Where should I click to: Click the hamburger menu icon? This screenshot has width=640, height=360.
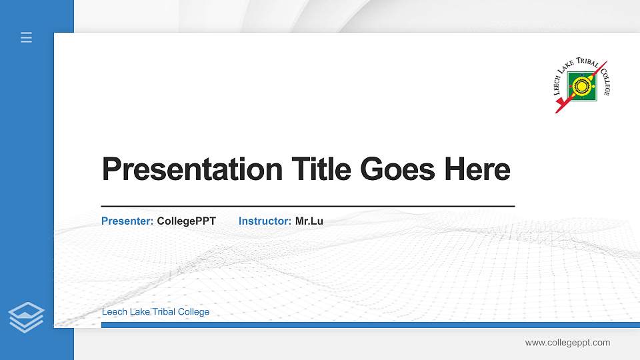27,37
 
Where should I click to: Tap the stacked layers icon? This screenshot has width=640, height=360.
27,317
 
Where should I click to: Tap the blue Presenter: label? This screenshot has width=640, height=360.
127,221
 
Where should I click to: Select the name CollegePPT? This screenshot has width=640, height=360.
186,221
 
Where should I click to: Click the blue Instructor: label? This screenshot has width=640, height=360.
265,221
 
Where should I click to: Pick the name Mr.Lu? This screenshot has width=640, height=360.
309,221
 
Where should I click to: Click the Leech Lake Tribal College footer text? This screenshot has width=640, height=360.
155,312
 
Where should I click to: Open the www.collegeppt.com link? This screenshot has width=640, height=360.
567,343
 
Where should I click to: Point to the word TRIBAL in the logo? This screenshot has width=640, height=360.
586,64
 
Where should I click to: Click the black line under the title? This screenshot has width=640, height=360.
307,206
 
